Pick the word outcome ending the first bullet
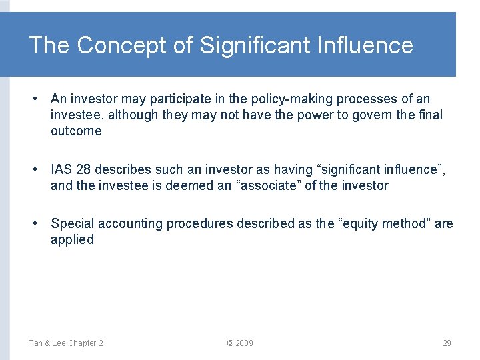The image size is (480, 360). point(76,131)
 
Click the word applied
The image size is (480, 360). point(72,239)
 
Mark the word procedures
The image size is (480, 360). point(197,223)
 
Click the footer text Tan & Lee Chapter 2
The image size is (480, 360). point(65,343)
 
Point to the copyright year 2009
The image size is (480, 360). point(240,343)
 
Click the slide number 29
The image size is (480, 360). point(447,343)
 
